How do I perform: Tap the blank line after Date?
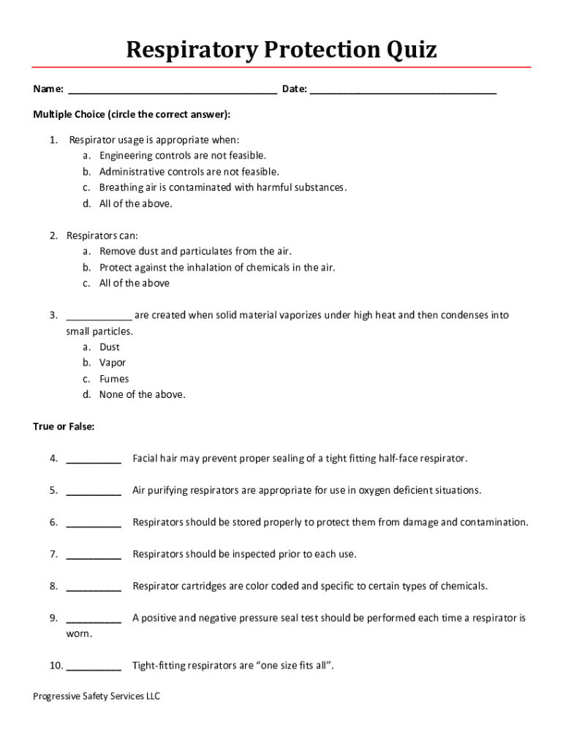coord(403,91)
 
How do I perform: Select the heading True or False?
coord(64,426)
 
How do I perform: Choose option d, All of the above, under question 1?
coord(136,203)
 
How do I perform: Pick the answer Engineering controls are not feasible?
coord(183,156)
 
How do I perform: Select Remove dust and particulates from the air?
coord(195,252)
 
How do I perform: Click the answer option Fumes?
coord(114,379)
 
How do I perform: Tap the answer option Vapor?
coord(113,363)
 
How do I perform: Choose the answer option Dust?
coord(110,347)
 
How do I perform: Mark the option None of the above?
coord(143,395)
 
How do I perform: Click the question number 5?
coord(53,491)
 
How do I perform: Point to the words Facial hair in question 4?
coord(154,459)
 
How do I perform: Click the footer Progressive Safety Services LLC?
coord(97,696)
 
